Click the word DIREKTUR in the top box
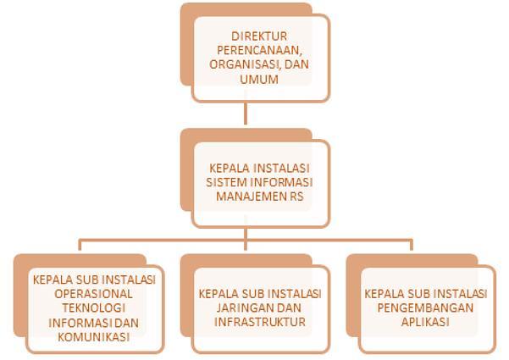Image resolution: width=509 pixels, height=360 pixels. [x=257, y=36]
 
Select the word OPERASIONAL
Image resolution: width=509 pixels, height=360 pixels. [x=89, y=293]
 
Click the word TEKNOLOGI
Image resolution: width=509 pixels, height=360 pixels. [x=89, y=307]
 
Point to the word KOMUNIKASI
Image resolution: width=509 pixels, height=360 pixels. [x=89, y=336]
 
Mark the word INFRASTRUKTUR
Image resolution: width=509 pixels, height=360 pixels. [x=259, y=322]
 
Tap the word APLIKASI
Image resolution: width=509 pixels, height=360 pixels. [x=426, y=322]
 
